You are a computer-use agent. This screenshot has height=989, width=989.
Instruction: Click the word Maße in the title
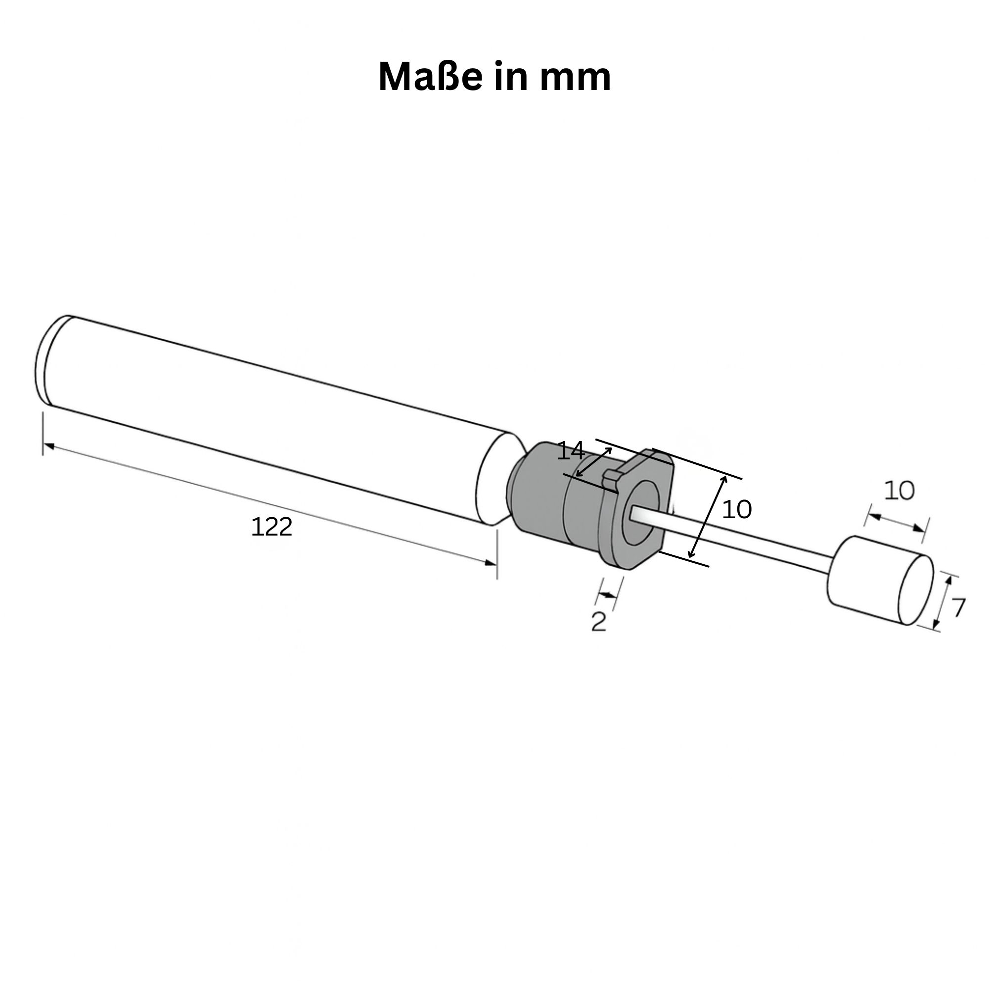click(x=430, y=77)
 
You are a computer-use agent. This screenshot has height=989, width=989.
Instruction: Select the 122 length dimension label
click(x=272, y=527)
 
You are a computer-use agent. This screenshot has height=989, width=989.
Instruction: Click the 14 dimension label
click(x=570, y=451)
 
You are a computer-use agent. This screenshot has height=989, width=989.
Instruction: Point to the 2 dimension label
click(x=598, y=622)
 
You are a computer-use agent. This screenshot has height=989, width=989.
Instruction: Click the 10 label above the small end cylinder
click(x=899, y=491)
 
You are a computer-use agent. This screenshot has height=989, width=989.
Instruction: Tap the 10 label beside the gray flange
click(x=737, y=509)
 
